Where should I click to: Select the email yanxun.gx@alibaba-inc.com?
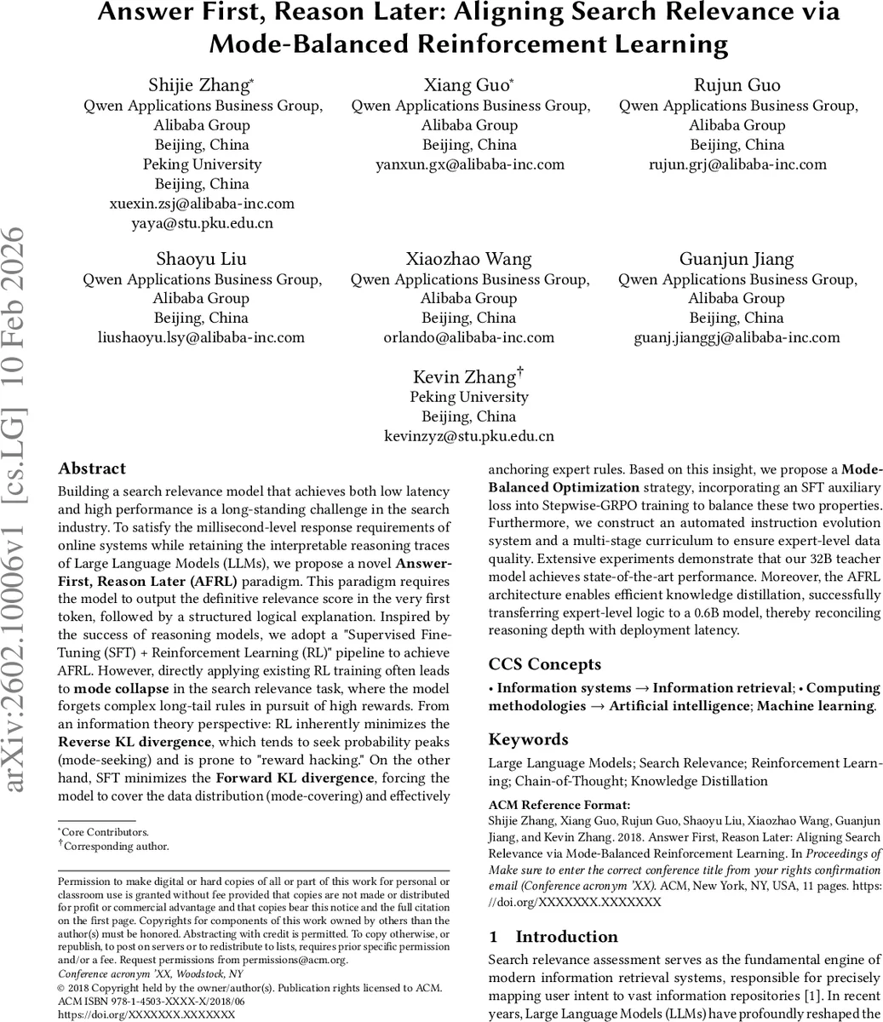click(470, 164)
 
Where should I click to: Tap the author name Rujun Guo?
click(737, 85)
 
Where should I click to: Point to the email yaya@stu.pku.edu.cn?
click(202, 223)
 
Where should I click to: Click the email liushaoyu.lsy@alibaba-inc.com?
click(202, 337)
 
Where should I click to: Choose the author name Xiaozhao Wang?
click(468, 259)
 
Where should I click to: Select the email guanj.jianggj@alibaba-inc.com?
click(737, 337)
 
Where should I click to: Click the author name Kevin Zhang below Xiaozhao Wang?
click(465, 377)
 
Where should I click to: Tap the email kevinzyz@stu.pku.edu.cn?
click(469, 436)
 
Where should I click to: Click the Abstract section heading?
click(92, 468)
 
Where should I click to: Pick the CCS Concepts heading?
click(544, 664)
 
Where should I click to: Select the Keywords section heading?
click(528, 739)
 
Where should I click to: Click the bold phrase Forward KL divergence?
click(295, 778)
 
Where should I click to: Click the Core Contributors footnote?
click(106, 832)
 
